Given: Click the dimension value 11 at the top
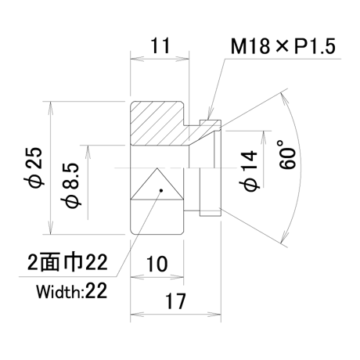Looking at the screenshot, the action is click(x=160, y=45).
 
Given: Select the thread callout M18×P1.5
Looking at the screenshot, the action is click(x=283, y=46).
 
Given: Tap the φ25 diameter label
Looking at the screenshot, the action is click(x=36, y=167).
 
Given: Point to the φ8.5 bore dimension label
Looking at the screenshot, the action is click(x=70, y=186).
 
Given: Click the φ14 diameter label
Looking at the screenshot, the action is click(x=249, y=171).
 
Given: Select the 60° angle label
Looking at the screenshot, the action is click(x=287, y=154).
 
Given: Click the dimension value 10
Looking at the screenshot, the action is click(x=157, y=264).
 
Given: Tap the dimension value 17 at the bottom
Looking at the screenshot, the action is click(x=175, y=301).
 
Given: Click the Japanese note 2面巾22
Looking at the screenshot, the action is click(x=67, y=262).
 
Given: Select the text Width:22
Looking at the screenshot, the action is click(x=71, y=291).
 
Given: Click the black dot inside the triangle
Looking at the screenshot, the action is click(x=161, y=190).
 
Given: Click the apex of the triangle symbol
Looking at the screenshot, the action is click(x=157, y=168).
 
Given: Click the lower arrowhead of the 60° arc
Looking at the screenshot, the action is click(x=284, y=236).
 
